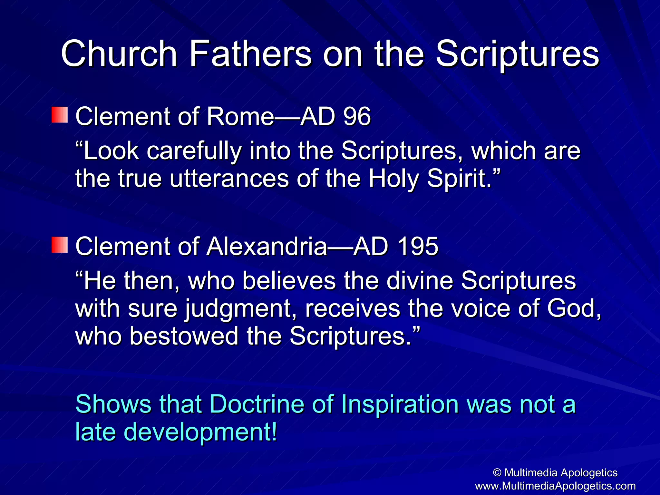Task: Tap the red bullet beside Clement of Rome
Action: pos(60,115)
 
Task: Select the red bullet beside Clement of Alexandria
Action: pos(60,245)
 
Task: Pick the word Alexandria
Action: pos(267,246)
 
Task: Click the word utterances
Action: pos(229,179)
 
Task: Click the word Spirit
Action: pos(459,179)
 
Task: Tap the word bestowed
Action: pos(184,336)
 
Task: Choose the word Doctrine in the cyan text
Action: pos(257,404)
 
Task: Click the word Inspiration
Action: pos(399,404)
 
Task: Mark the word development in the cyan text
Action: pos(200,432)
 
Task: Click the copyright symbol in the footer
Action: pos(497,473)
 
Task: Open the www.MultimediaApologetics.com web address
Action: pos(555,486)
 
